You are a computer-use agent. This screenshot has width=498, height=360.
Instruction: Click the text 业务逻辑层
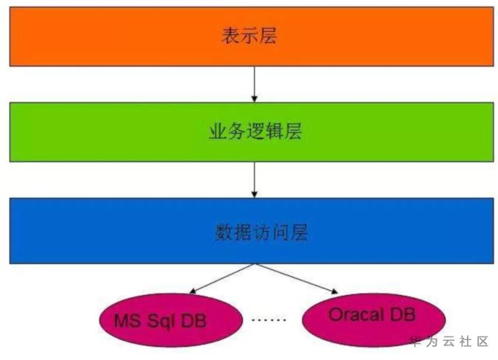252,133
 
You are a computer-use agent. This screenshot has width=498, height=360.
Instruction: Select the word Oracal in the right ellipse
356,315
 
